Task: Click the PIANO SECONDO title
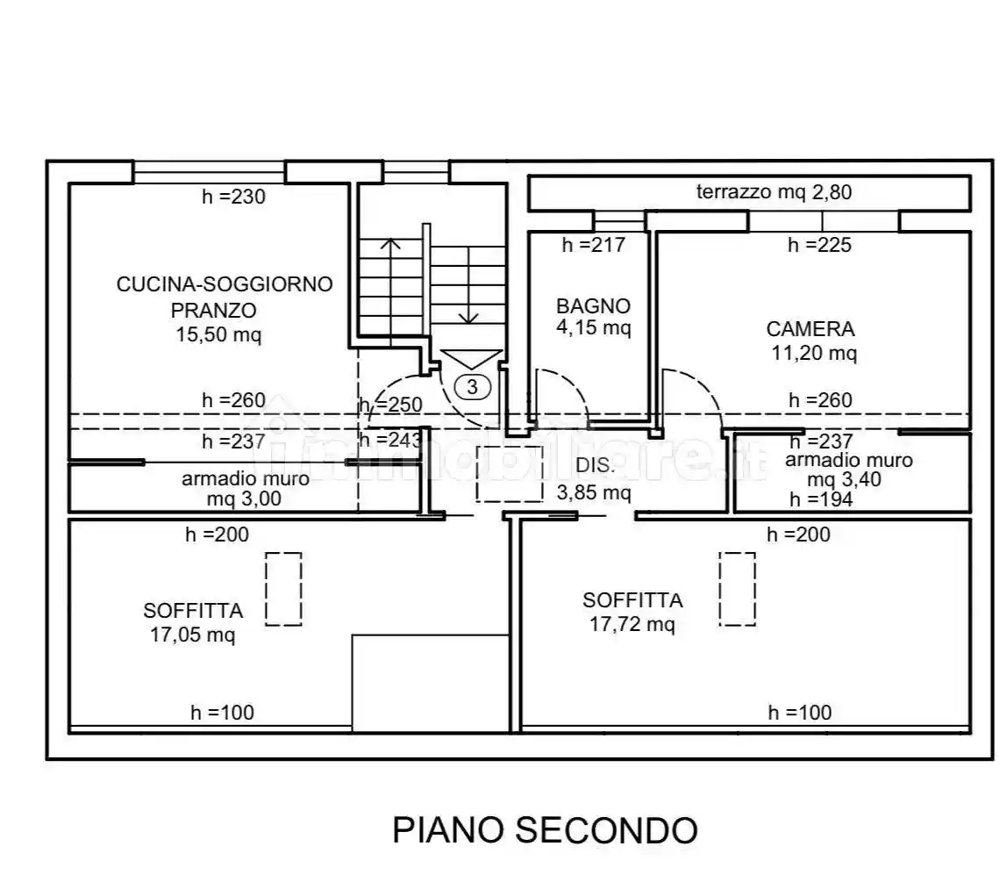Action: [x=544, y=829]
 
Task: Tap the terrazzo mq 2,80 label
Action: [x=774, y=192]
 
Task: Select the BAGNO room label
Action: [x=593, y=306]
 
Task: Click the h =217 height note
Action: [x=594, y=245]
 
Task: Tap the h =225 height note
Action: [x=819, y=245]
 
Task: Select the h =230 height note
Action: [x=233, y=197]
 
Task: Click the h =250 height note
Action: [x=391, y=405]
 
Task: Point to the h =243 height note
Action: [x=390, y=441]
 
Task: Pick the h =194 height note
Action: [x=820, y=499]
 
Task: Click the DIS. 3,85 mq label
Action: [x=593, y=479]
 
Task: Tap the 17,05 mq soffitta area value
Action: [x=192, y=635]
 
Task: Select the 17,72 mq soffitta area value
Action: [x=632, y=624]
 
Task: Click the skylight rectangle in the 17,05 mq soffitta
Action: [x=283, y=589]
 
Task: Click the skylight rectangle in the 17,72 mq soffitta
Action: [x=737, y=589]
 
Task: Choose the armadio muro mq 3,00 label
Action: [x=245, y=489]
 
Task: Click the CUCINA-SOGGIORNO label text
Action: [x=225, y=284]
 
